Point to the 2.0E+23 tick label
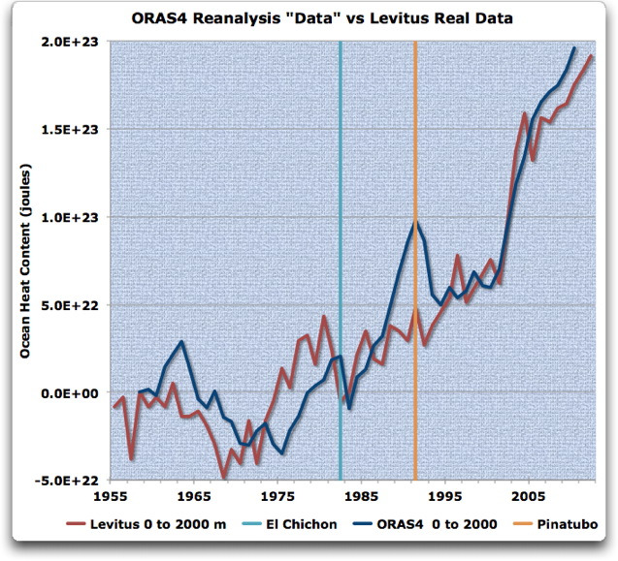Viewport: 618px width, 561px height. (76, 43)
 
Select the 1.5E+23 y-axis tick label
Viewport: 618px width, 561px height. (76, 130)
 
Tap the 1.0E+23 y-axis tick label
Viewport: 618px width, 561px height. (76, 217)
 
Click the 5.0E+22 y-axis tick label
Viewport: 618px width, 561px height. (76, 305)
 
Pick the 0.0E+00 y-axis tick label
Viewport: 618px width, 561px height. (76, 392)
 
